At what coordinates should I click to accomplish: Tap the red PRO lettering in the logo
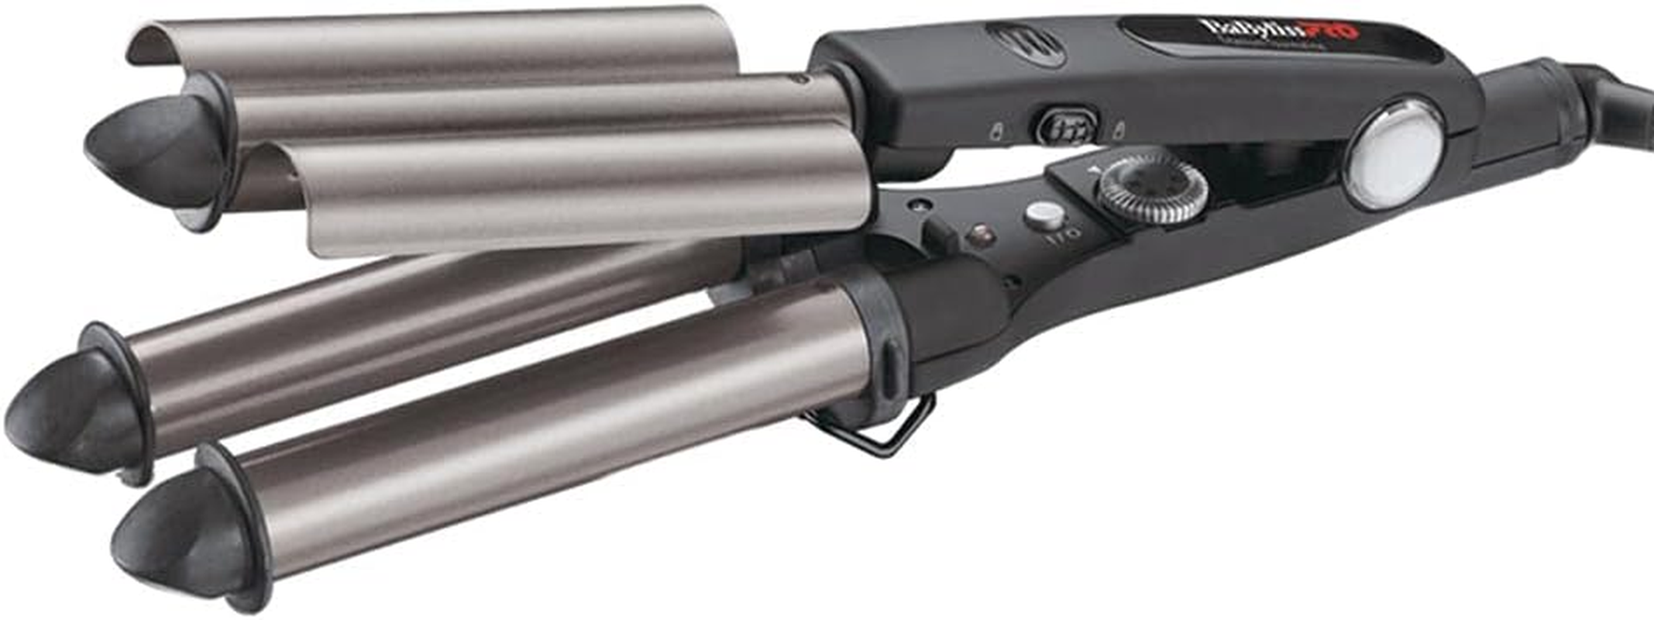pyautogui.click(x=1333, y=32)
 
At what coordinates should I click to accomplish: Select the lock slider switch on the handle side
pyautogui.click(x=1068, y=127)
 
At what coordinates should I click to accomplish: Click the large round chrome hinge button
pyautogui.click(x=1394, y=153)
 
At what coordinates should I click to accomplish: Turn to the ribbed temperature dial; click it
pyautogui.click(x=1152, y=188)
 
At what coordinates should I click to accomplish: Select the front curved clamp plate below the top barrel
pyautogui.click(x=581, y=194)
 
